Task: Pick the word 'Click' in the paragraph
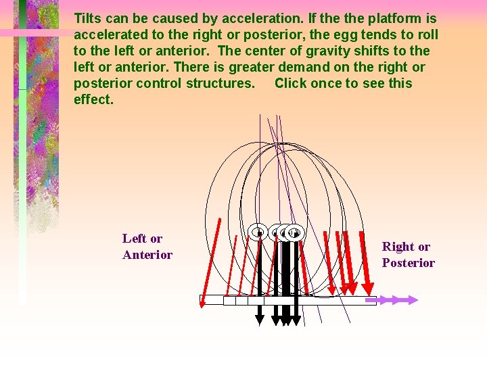tap(292, 83)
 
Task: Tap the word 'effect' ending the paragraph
tap(93, 99)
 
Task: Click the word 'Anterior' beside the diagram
tap(147, 255)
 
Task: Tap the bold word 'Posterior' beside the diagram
tap(409, 263)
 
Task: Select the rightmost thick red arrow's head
tap(369, 283)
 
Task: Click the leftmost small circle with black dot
tap(258, 233)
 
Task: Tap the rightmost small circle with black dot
tap(294, 233)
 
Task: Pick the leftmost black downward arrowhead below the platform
tap(260, 320)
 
